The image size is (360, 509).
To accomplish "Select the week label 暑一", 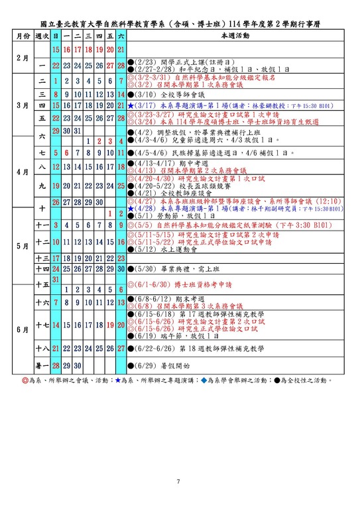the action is tap(42, 365).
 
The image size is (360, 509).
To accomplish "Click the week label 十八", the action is tap(42, 348).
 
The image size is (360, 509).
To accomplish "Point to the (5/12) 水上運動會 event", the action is tap(163, 250).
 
